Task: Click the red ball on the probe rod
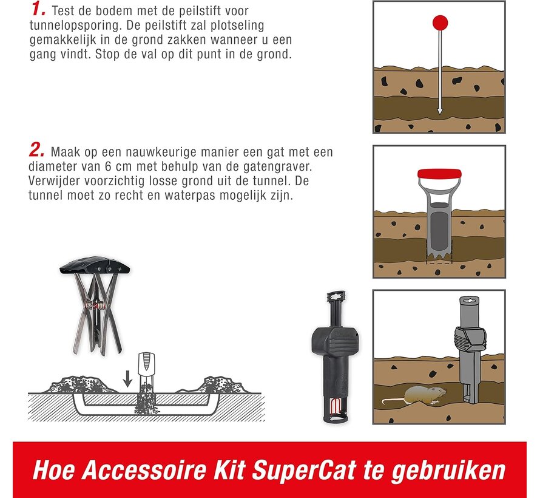[440, 22]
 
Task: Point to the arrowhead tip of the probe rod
[440, 114]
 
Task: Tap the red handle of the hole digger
[439, 173]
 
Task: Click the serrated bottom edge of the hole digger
[439, 257]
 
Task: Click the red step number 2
[37, 150]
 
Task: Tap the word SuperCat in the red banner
[304, 470]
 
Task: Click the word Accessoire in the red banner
[144, 469]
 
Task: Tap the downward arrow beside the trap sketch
[128, 378]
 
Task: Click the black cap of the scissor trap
[95, 265]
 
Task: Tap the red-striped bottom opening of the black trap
[335, 409]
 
